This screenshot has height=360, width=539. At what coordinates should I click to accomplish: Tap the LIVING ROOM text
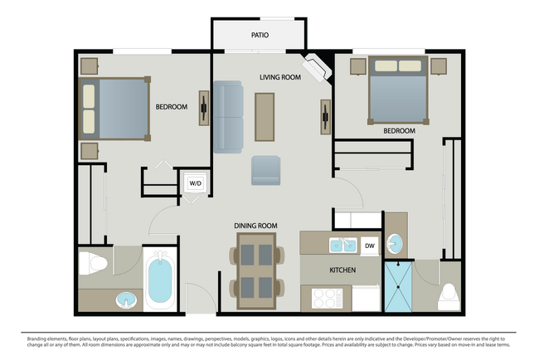tap(279, 77)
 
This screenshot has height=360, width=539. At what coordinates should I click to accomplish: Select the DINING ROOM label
tap(256, 226)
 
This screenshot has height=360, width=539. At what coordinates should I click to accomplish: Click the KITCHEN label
tap(342, 271)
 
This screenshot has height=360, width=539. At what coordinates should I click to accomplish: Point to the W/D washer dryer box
tap(195, 182)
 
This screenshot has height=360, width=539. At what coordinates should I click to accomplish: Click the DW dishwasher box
tap(369, 246)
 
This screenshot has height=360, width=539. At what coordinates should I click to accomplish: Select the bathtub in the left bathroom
tap(161, 281)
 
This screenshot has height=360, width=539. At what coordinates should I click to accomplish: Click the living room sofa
tap(228, 117)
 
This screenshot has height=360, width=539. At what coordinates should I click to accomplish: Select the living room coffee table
tap(265, 117)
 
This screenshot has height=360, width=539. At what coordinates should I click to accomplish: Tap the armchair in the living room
tap(266, 170)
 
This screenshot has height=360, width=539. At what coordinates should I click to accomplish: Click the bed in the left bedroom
tap(116, 108)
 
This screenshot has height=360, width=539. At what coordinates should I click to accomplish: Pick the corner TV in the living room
tap(316, 68)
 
